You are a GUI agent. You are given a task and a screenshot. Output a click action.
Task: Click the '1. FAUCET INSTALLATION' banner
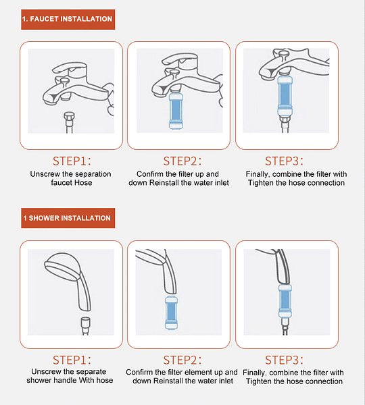tap(68, 20)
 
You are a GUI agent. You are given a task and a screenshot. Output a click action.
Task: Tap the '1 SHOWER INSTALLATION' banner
tap(68, 218)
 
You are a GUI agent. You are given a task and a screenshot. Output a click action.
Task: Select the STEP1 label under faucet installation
tap(72, 161)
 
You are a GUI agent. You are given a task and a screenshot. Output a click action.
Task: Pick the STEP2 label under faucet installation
tap(182, 161)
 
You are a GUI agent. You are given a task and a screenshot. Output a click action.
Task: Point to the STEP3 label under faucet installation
tap(284, 161)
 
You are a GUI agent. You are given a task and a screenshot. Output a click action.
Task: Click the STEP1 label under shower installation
tap(72, 360)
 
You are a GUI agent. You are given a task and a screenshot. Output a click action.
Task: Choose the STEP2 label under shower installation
tap(182, 360)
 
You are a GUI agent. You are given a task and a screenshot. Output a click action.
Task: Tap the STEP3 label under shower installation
tap(284, 360)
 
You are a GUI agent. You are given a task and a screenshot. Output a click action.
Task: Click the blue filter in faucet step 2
tap(176, 111)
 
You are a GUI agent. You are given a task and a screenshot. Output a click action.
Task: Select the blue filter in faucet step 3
tap(285, 96)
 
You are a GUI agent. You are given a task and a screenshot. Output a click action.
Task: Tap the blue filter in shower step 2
tap(171, 313)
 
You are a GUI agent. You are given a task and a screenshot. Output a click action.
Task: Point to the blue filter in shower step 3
tap(285, 300)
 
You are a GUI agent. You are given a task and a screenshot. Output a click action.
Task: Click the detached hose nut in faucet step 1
tap(70, 117)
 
